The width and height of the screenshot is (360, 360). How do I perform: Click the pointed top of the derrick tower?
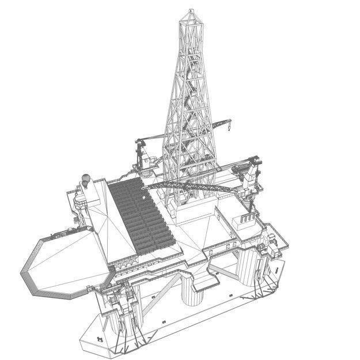(191, 11)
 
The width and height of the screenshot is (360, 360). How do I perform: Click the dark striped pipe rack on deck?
(138, 216)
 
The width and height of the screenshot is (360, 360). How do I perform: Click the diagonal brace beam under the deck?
(167, 291)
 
